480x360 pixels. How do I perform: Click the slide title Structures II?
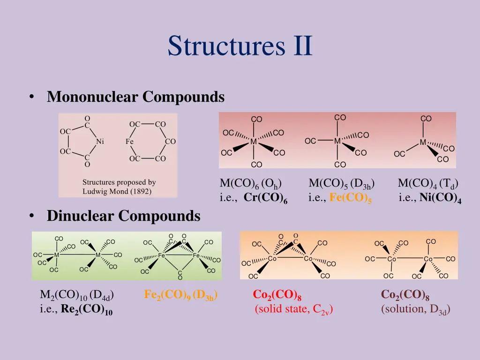[240, 46]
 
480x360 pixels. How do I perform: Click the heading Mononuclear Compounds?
[135, 97]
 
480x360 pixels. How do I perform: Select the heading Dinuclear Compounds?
[123, 216]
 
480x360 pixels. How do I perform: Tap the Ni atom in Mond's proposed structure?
[100, 142]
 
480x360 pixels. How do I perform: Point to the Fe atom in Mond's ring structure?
[130, 142]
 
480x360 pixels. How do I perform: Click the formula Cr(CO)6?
[265, 198]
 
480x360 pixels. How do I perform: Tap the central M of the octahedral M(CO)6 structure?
[253, 142]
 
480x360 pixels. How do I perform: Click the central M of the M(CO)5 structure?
[337, 141]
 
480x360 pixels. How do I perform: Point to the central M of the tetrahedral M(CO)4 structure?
[423, 142]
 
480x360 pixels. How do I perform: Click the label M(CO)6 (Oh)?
[251, 183]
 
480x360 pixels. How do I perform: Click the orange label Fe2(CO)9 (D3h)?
[181, 295]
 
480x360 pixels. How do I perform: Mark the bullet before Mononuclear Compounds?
[31, 97]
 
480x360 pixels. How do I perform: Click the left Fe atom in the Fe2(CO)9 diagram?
[162, 255]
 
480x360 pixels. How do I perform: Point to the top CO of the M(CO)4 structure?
[426, 119]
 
